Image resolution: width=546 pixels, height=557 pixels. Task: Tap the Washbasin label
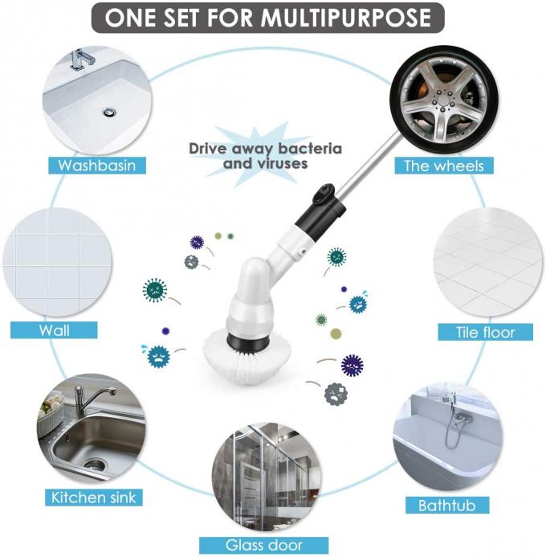[96, 166]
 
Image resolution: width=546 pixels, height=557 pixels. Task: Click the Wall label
[54, 330]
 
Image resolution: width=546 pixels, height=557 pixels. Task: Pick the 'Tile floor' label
[486, 332]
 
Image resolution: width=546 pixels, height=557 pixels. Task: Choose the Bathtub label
[452, 506]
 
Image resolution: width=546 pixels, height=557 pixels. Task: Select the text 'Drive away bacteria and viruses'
[265, 156]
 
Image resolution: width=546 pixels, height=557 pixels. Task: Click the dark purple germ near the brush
[352, 365]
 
